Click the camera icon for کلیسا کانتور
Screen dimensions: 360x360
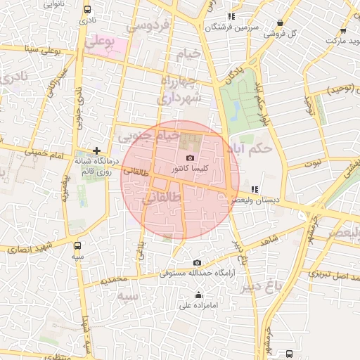(190, 158)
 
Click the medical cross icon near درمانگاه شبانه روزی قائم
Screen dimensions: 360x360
(96, 151)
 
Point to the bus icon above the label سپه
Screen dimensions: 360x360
(77, 246)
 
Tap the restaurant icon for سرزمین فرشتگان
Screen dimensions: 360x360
(231, 16)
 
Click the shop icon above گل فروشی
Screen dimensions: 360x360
(280, 22)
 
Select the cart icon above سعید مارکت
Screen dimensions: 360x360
(342, 30)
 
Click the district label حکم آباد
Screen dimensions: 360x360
(255, 148)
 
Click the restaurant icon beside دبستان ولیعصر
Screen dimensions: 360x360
(255, 189)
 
